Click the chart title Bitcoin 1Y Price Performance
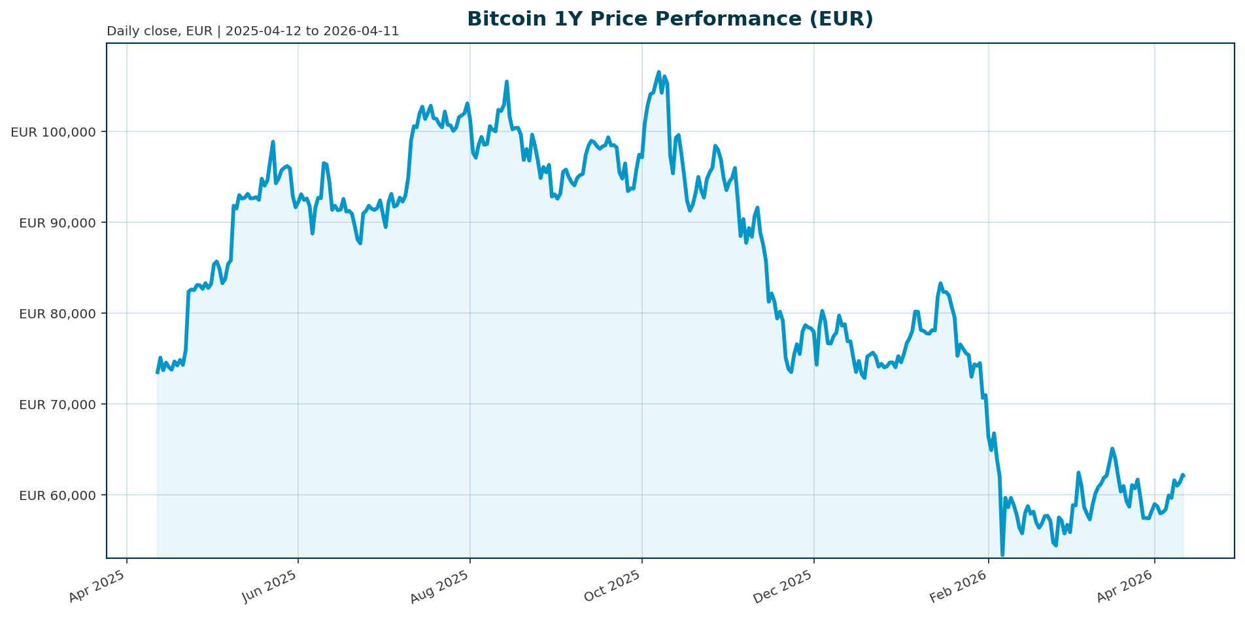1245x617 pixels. (670, 19)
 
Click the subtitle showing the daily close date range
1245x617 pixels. (252, 31)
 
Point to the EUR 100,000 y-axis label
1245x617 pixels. (54, 132)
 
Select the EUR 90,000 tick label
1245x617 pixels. (58, 223)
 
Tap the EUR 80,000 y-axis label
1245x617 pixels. (58, 314)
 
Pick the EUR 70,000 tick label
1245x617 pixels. (58, 405)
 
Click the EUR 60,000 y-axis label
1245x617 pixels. (58, 495)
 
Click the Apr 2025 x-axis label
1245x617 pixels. (97, 586)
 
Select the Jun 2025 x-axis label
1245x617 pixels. (269, 586)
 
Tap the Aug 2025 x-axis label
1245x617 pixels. (439, 586)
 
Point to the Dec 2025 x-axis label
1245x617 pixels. (783, 586)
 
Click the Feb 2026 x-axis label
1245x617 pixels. (958, 586)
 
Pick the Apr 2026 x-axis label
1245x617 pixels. (1125, 586)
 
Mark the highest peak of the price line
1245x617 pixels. (658, 72)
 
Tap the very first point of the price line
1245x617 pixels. (158, 373)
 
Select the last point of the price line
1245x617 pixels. (1184, 475)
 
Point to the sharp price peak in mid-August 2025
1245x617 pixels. (507, 82)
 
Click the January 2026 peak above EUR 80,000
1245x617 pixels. (940, 284)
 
